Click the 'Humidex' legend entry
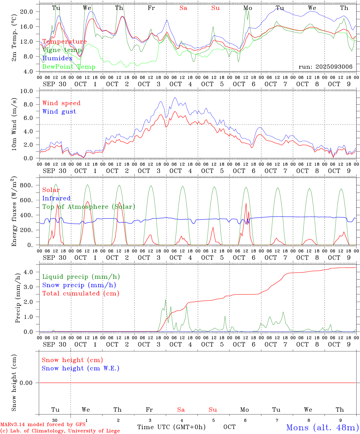pos(57,58)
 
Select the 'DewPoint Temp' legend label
pos(69,67)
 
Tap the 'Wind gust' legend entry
pos(59,112)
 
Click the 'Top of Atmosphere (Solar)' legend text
pos(88,207)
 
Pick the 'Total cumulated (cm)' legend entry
pos(81,294)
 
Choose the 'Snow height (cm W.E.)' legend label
pos(80,368)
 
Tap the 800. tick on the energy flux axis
pos(26,185)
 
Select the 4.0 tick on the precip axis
pos(28,272)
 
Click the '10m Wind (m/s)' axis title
pos(14,124)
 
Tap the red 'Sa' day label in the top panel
pos(183,8)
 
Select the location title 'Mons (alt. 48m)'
pos(322,427)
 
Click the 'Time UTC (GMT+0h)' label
pos(171,427)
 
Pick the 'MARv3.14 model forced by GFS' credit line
pos(43,425)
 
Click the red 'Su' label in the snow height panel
pos(213,410)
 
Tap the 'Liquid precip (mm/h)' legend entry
pos(81,277)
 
